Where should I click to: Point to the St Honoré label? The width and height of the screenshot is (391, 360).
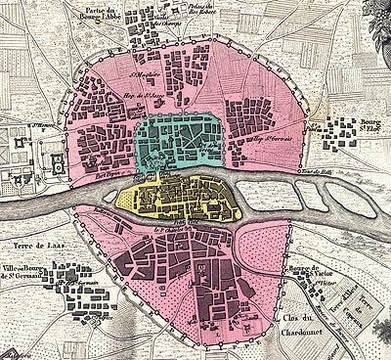click(45, 126)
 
